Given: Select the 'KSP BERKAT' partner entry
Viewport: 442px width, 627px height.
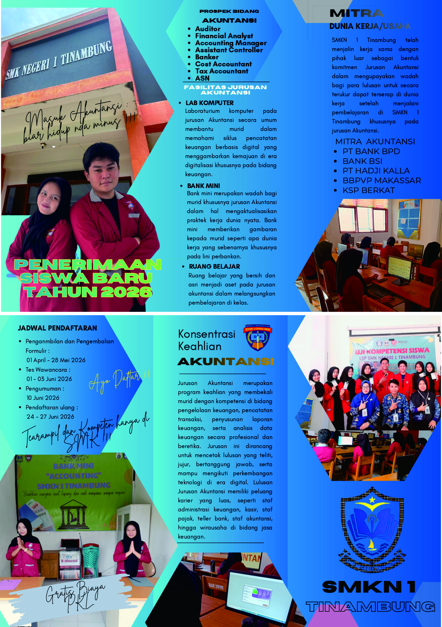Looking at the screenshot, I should coord(369,190).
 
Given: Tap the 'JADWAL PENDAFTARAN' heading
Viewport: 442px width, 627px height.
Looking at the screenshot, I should coord(57,328).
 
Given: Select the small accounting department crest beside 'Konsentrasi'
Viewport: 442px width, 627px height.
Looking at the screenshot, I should coord(258,337).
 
